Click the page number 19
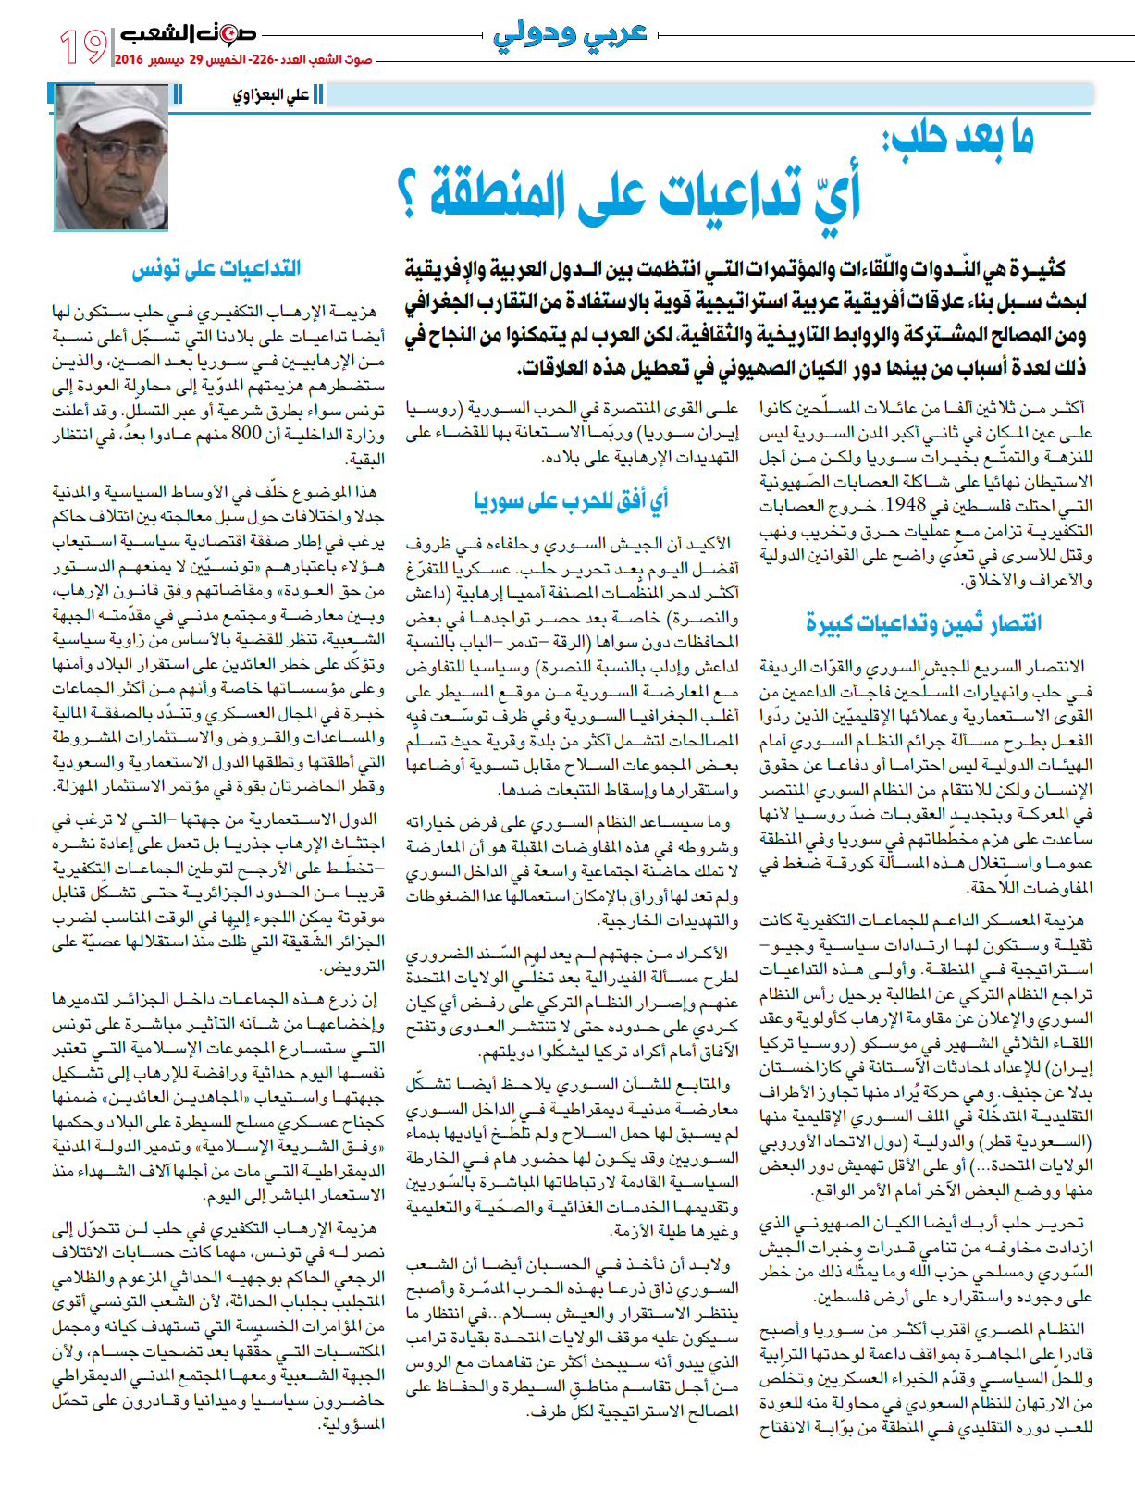click(83, 45)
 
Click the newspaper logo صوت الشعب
click(188, 35)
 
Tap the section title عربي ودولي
click(569, 35)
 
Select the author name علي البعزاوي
click(271, 94)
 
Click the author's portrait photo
click(112, 157)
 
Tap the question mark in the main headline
click(406, 194)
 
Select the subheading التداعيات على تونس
click(216, 269)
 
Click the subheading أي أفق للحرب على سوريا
click(571, 500)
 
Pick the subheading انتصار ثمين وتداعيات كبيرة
click(924, 623)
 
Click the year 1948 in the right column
click(903, 506)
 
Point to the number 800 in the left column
click(246, 434)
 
